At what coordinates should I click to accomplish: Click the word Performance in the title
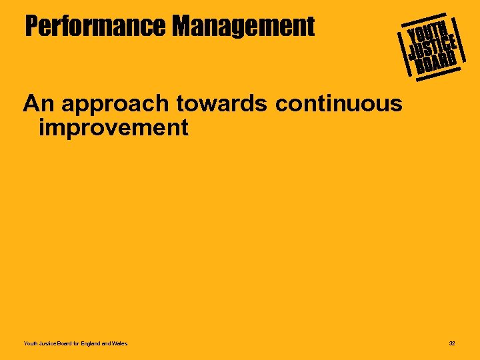click(x=95, y=27)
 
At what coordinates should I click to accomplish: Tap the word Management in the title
click(x=243, y=27)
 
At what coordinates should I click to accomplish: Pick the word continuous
click(x=338, y=104)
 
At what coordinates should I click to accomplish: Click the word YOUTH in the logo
click(x=427, y=30)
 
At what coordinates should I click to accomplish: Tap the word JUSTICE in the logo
click(x=432, y=46)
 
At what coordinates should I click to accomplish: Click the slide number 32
click(x=452, y=343)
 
